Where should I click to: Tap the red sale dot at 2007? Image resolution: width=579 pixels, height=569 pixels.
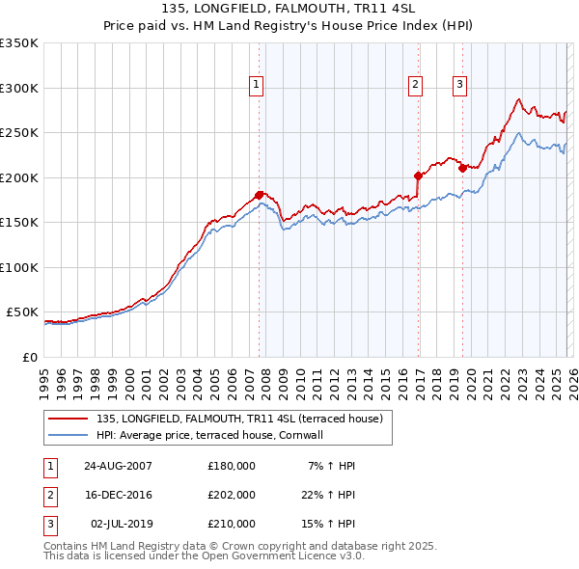tap(259, 195)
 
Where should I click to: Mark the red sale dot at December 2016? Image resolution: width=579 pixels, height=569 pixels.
tap(418, 176)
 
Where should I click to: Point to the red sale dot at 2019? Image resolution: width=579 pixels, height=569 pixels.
tap(462, 168)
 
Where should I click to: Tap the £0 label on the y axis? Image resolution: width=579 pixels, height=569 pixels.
tap(29, 357)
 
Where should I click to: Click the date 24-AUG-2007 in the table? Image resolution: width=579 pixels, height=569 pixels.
tap(118, 466)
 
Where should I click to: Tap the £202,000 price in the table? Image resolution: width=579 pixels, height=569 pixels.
tap(232, 495)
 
